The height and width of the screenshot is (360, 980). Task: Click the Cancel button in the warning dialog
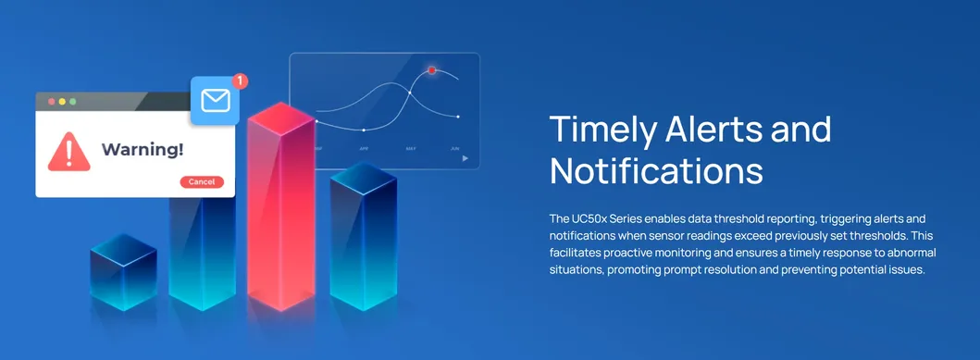point(201,181)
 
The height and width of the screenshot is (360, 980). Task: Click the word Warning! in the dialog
point(142,148)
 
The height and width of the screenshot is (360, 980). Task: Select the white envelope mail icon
point(215,100)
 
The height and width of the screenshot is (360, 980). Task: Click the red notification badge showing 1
point(240,81)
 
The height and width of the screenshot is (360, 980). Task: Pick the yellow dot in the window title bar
point(62,100)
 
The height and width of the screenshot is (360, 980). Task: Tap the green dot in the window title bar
point(74,100)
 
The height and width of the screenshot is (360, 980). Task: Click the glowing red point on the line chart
point(431,70)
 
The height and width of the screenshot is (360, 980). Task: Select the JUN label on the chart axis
point(454,148)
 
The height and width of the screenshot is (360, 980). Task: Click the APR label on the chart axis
point(364,148)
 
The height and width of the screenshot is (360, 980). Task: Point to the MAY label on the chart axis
point(410,148)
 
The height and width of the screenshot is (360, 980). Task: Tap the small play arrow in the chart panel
point(465,158)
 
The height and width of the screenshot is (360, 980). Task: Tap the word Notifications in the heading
point(656,171)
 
